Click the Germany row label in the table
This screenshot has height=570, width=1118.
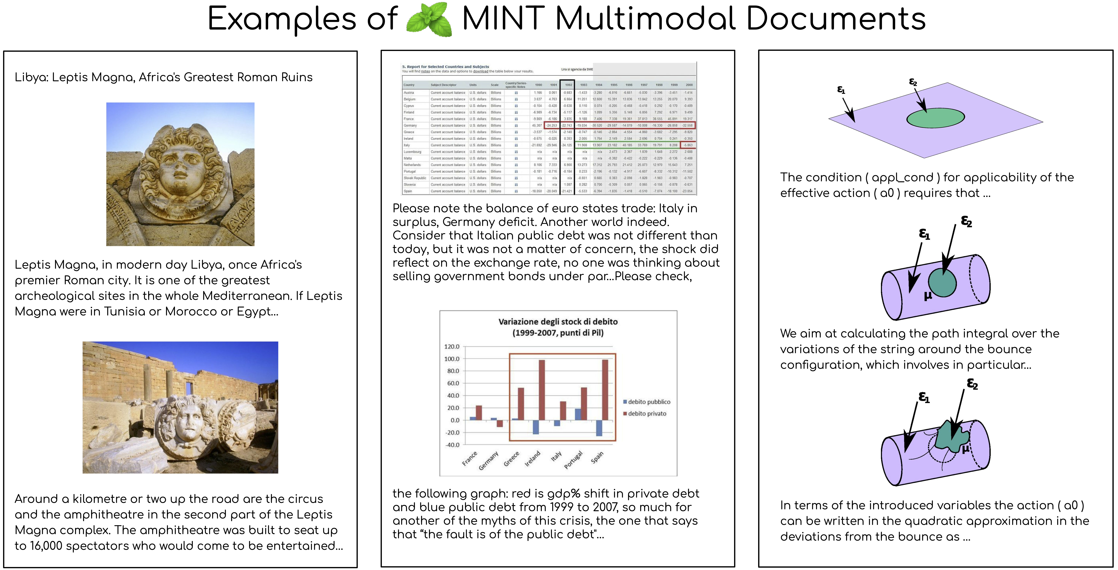pyautogui.click(x=410, y=125)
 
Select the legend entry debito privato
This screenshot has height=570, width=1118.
pyautogui.click(x=647, y=413)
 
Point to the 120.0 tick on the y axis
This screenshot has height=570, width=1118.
pyautogui.click(x=451, y=347)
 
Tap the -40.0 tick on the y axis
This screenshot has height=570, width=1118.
pyautogui.click(x=451, y=445)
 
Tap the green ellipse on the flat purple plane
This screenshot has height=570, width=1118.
pyautogui.click(x=935, y=118)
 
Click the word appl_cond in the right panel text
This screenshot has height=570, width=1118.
pyautogui.click(x=902, y=177)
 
